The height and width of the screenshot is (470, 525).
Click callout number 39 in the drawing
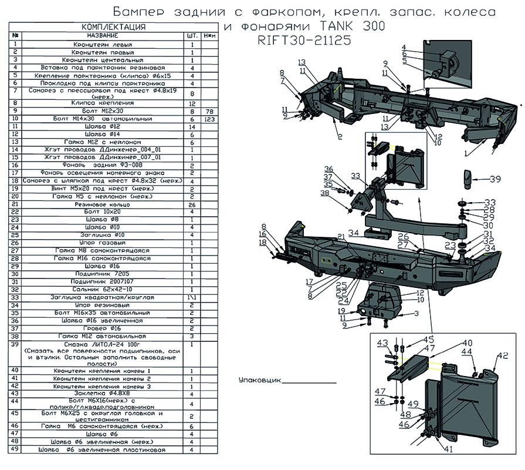(495, 179)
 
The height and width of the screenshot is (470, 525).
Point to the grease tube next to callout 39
(468, 177)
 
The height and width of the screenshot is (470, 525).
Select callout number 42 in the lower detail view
(503, 355)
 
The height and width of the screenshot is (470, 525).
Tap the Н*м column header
(207, 35)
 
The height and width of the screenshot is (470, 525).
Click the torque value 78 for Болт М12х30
(207, 111)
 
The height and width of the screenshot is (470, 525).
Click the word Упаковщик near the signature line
(258, 381)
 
